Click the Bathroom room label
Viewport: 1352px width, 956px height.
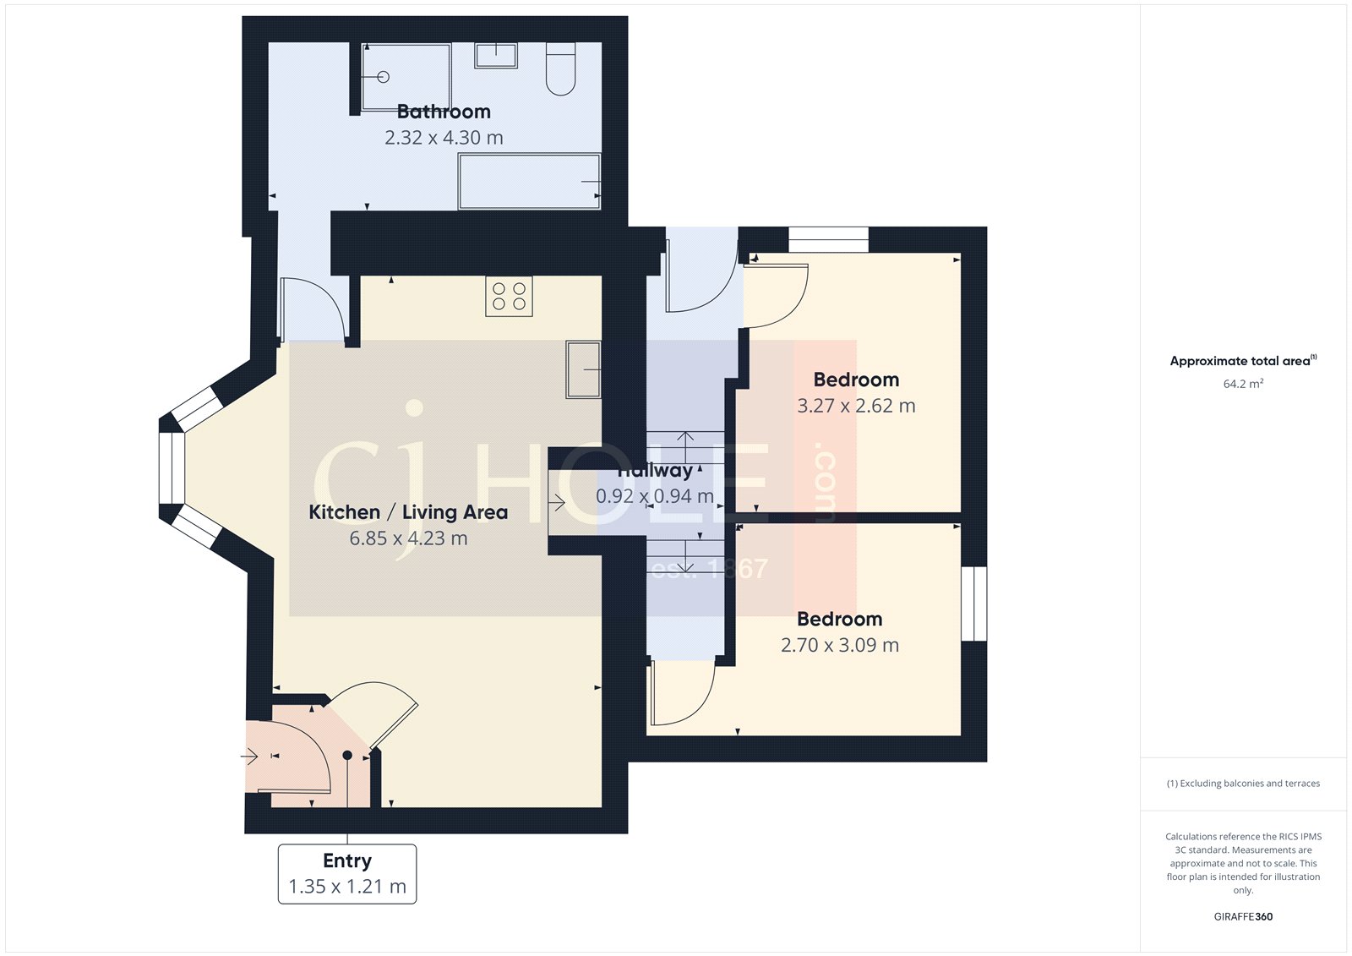coord(444,112)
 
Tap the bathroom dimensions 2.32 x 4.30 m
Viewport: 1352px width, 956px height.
coord(444,138)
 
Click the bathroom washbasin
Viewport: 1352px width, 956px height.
coord(495,56)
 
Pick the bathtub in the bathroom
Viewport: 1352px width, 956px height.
coord(529,181)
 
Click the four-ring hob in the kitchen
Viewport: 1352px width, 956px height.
coord(509,297)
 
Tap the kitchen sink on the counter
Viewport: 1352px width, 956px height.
coord(583,369)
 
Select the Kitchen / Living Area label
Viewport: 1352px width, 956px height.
coord(408,512)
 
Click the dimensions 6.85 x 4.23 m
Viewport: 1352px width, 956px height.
coord(408,538)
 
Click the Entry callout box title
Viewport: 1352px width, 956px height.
coord(347,860)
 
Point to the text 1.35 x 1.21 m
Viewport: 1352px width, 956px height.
coord(347,887)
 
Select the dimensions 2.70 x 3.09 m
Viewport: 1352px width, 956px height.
coord(840,645)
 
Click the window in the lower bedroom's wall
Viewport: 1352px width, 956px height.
coord(974,604)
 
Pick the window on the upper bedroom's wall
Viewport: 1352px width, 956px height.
coord(828,239)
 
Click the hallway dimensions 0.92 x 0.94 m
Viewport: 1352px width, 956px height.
coord(655,496)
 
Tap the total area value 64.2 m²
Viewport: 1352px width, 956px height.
coord(1243,384)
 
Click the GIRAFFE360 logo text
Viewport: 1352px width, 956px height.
coord(1243,916)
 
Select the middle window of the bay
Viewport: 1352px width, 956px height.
coord(172,468)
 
